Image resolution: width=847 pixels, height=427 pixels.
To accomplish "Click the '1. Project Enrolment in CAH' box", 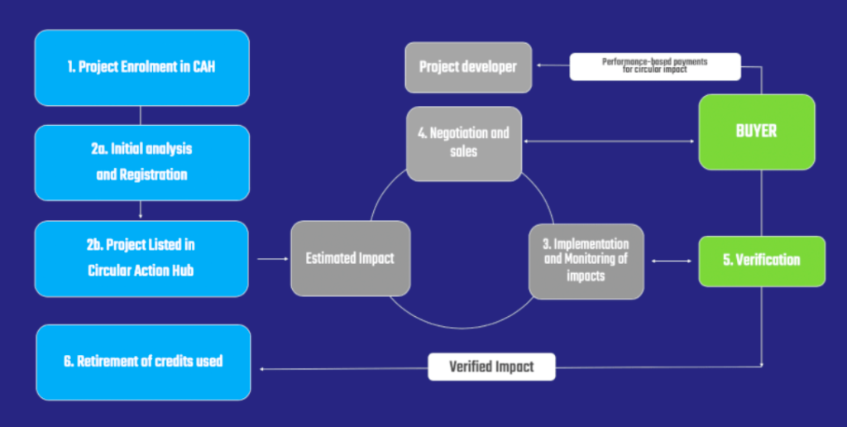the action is click(x=142, y=68).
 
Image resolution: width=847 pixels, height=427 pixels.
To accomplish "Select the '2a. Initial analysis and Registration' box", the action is click(x=142, y=163).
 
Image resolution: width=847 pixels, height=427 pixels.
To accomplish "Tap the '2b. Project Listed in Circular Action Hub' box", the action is click(x=141, y=258).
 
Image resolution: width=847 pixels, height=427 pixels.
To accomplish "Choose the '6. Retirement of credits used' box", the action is click(x=143, y=362).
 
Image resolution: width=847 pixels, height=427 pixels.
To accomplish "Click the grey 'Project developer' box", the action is click(x=468, y=67).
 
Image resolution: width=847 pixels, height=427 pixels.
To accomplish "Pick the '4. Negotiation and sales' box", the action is click(x=464, y=143).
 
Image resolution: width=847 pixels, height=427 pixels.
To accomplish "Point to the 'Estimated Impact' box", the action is click(x=351, y=258).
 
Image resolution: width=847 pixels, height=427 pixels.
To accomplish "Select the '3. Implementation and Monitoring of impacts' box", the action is click(x=586, y=261).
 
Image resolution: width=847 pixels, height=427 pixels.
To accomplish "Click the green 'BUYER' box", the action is click(x=757, y=132).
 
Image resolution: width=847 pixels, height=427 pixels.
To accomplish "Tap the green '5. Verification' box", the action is click(x=762, y=261).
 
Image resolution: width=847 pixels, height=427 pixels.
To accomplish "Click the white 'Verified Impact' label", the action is click(x=491, y=367).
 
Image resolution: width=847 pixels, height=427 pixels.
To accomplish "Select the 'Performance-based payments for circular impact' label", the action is click(x=655, y=66).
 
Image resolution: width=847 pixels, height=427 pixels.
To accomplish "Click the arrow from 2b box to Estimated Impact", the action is click(x=273, y=259).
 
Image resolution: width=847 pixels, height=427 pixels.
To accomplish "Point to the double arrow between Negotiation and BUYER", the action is click(x=609, y=142).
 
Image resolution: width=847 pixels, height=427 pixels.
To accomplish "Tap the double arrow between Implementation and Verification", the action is click(x=672, y=261).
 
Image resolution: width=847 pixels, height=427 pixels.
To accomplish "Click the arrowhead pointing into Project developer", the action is click(x=539, y=65).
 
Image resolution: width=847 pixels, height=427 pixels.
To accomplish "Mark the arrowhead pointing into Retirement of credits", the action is click(x=262, y=369).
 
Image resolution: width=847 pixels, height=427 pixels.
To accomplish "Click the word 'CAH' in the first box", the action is click(x=204, y=68).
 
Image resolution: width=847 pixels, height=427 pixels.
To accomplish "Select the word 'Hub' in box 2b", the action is click(x=181, y=270).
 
